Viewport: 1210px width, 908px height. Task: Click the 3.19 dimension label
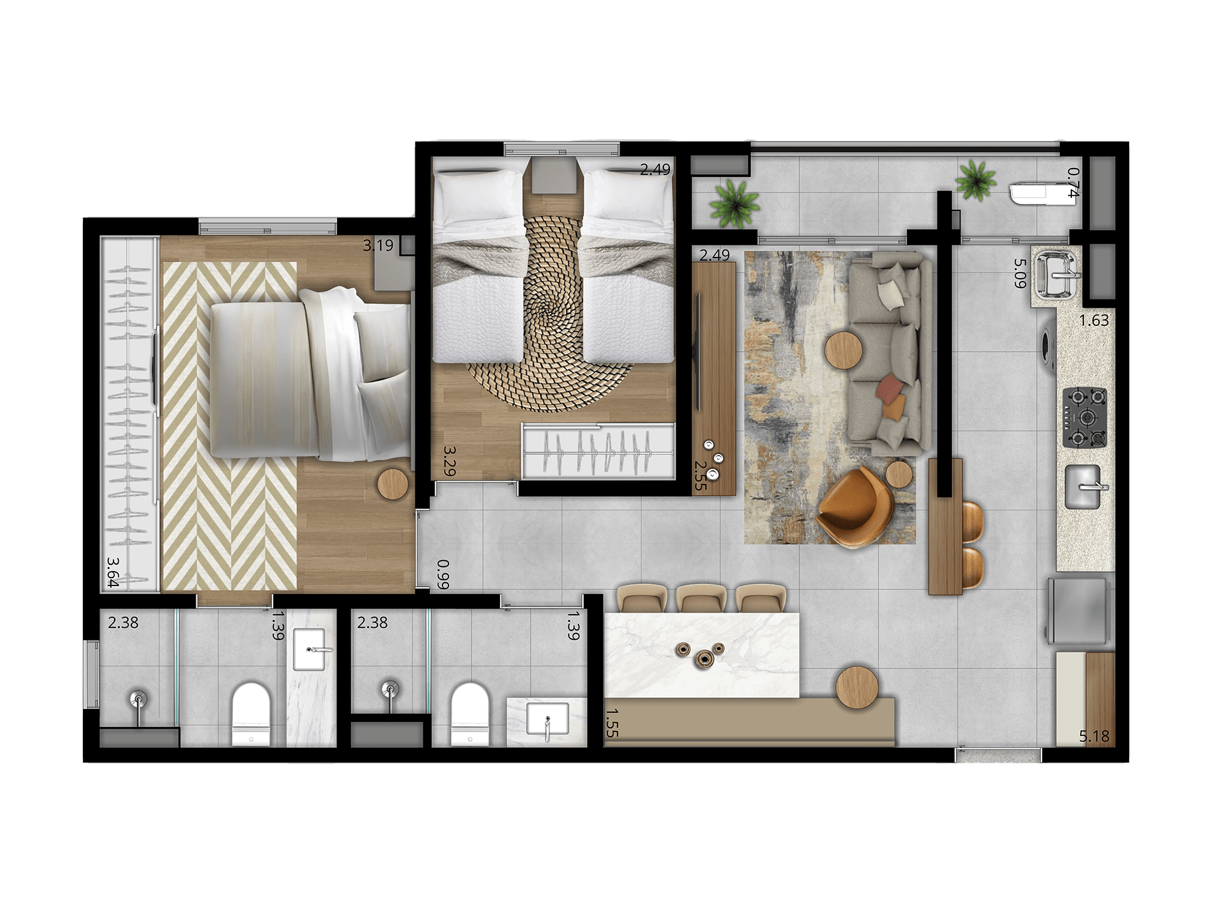point(378,245)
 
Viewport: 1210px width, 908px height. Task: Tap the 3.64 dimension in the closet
point(113,571)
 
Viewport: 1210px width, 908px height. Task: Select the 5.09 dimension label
point(1020,273)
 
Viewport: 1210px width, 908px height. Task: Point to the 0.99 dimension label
point(443,575)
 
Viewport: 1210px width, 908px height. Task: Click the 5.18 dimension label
point(1094,736)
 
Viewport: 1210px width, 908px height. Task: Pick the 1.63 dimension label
point(1094,321)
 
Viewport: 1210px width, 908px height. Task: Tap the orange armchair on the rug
point(854,507)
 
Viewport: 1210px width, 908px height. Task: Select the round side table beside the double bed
point(393,484)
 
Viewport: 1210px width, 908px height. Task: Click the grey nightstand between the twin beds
point(554,175)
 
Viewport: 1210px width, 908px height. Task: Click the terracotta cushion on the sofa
point(889,390)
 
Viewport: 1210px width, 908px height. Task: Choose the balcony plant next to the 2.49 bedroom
point(734,202)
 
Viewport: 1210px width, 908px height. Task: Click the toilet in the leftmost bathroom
point(251,714)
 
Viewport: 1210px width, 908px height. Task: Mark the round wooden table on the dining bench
point(857,688)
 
